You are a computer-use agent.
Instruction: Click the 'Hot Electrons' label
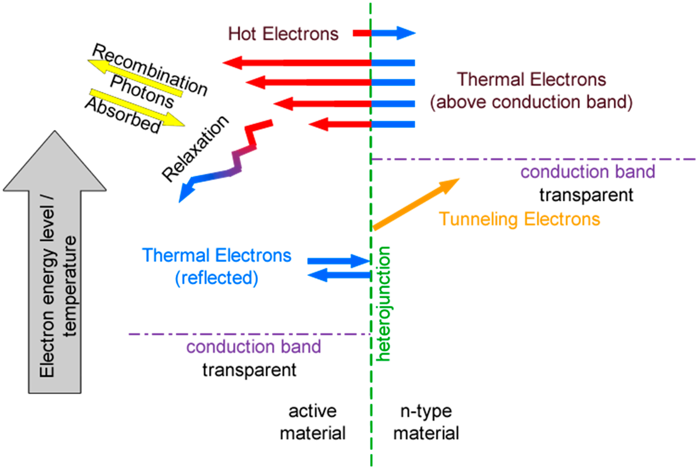(x=283, y=34)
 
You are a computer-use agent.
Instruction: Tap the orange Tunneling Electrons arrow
(x=415, y=205)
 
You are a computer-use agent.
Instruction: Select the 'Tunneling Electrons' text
(x=519, y=219)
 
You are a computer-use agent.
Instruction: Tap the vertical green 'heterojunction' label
(x=383, y=304)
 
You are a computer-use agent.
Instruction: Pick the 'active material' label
(x=312, y=422)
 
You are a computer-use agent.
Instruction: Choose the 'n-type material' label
(x=426, y=422)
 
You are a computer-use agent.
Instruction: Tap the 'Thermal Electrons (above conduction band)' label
(x=531, y=91)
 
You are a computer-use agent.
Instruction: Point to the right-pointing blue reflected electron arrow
(x=338, y=261)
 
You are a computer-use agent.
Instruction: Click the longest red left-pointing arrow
(x=299, y=63)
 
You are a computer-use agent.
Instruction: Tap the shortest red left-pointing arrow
(x=341, y=124)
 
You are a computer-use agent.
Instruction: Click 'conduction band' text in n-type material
(x=588, y=172)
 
